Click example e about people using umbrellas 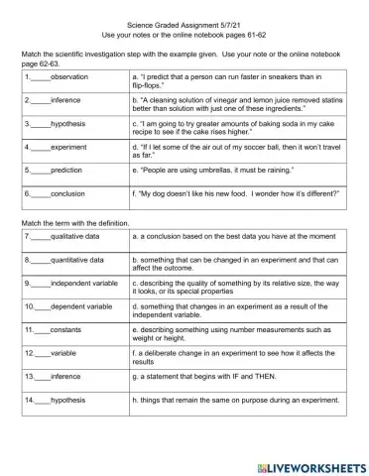click(204, 170)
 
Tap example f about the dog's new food click(226, 194)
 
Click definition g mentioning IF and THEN click(210, 376)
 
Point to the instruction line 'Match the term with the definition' click(76, 223)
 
